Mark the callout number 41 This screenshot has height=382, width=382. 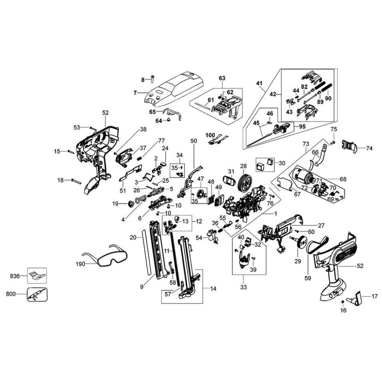pos(260,83)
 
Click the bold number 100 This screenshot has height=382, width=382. pos(210,135)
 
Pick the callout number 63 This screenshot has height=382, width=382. pos(222,78)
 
